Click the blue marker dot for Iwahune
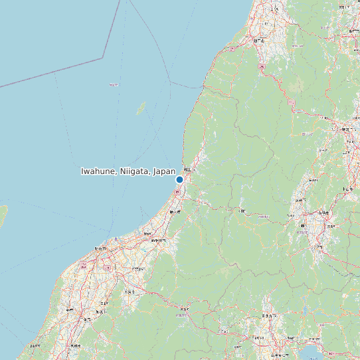click(179, 179)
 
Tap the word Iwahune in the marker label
click(98, 171)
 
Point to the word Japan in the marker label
click(164, 171)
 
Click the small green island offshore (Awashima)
click(141, 108)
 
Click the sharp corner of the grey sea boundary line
click(102, 58)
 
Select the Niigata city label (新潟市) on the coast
click(100, 248)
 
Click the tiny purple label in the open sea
click(114, 84)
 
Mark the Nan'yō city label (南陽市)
click(323, 213)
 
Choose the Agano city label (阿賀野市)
click(139, 269)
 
